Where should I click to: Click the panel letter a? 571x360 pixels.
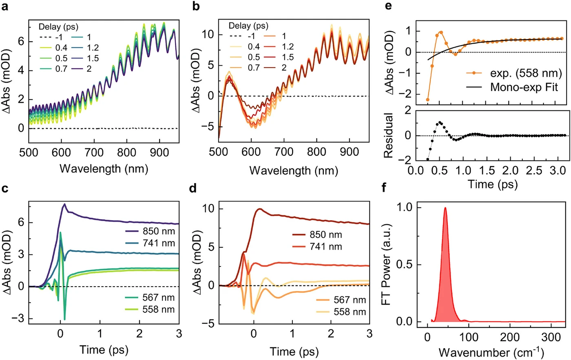[4, 7]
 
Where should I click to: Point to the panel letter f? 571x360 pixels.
[384, 188]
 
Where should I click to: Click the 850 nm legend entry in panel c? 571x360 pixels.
[150, 231]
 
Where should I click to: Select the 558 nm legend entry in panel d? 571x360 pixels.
[341, 311]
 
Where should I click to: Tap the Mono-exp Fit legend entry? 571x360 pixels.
[512, 87]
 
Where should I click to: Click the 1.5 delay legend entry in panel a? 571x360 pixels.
[85, 58]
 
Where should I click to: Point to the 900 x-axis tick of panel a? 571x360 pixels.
[159, 152]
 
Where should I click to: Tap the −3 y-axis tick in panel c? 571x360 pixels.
[18, 318]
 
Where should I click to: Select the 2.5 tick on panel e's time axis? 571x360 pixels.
[534, 170]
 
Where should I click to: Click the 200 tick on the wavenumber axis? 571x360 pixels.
[510, 337]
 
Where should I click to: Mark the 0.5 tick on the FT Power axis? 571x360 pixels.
[405, 265]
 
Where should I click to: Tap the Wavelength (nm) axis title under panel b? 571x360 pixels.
[294, 171]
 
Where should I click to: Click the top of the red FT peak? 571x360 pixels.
[445, 208]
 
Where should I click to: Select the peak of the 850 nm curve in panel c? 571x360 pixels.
[65, 204]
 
